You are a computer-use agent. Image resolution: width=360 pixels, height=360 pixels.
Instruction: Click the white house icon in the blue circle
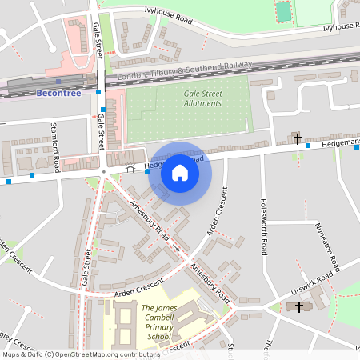tap(180, 173)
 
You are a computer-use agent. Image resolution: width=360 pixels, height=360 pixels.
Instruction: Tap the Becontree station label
tap(58, 93)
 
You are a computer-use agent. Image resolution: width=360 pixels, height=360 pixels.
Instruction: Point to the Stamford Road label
tap(56, 152)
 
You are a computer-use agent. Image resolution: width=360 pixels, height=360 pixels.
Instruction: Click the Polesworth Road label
tap(262, 226)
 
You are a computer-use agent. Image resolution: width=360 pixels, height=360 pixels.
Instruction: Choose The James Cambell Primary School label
tap(167, 322)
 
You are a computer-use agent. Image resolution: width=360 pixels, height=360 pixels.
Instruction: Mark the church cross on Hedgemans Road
tap(298, 139)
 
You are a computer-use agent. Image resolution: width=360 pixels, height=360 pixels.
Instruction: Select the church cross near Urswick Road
tap(300, 306)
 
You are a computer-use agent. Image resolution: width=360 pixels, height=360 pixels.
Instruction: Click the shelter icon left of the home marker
tap(130, 169)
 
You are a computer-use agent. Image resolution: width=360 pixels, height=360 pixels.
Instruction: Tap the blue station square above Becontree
tap(58, 81)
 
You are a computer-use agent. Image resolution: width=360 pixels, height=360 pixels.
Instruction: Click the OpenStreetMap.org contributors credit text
tap(115, 354)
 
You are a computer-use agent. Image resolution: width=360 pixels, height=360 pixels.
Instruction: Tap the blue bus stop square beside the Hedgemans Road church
tap(307, 146)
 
